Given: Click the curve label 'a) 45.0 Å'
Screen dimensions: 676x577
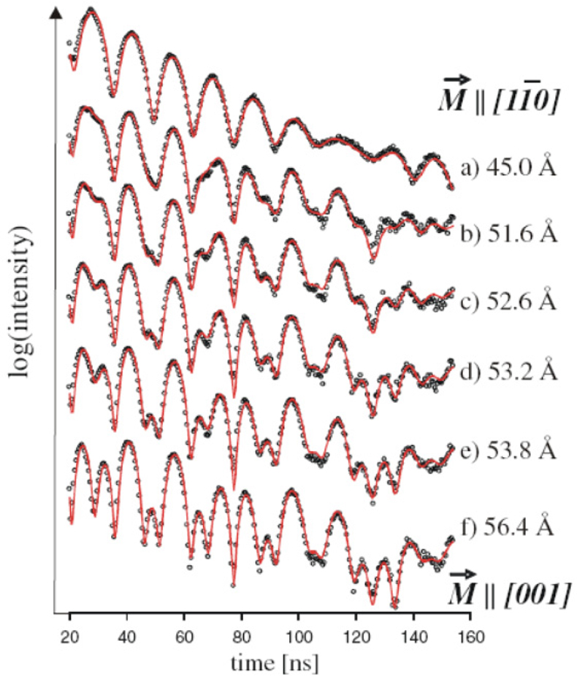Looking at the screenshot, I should pyautogui.click(x=508, y=169).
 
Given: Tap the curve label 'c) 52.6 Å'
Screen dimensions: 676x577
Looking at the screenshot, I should pyautogui.click(x=508, y=303).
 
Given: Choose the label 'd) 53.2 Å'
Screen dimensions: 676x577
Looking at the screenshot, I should pyautogui.click(x=508, y=372).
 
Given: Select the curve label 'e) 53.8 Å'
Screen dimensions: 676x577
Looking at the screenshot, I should pyautogui.click(x=508, y=448).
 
